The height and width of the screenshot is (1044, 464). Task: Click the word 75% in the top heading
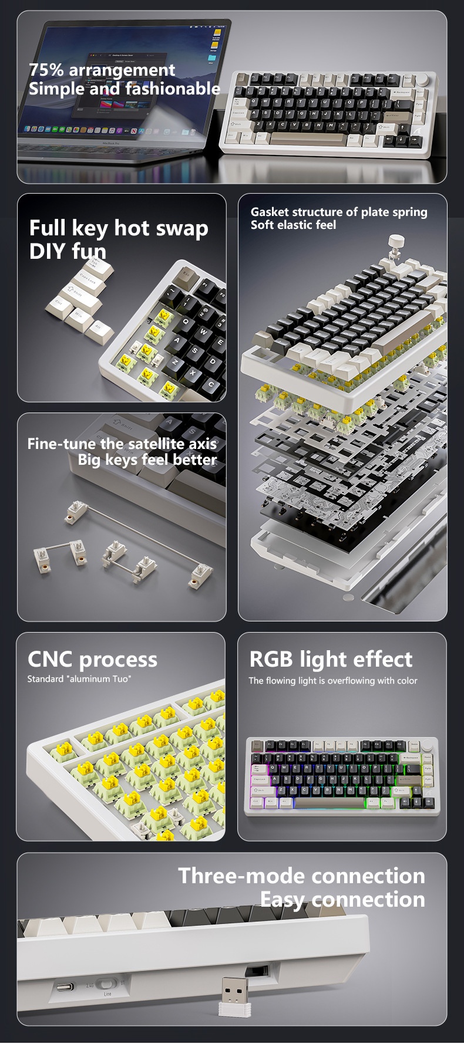click(x=46, y=70)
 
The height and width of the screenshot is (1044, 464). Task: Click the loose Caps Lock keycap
click(x=88, y=281)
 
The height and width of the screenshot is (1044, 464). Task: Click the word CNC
click(x=51, y=660)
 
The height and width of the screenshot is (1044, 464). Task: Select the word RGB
click(x=271, y=659)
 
